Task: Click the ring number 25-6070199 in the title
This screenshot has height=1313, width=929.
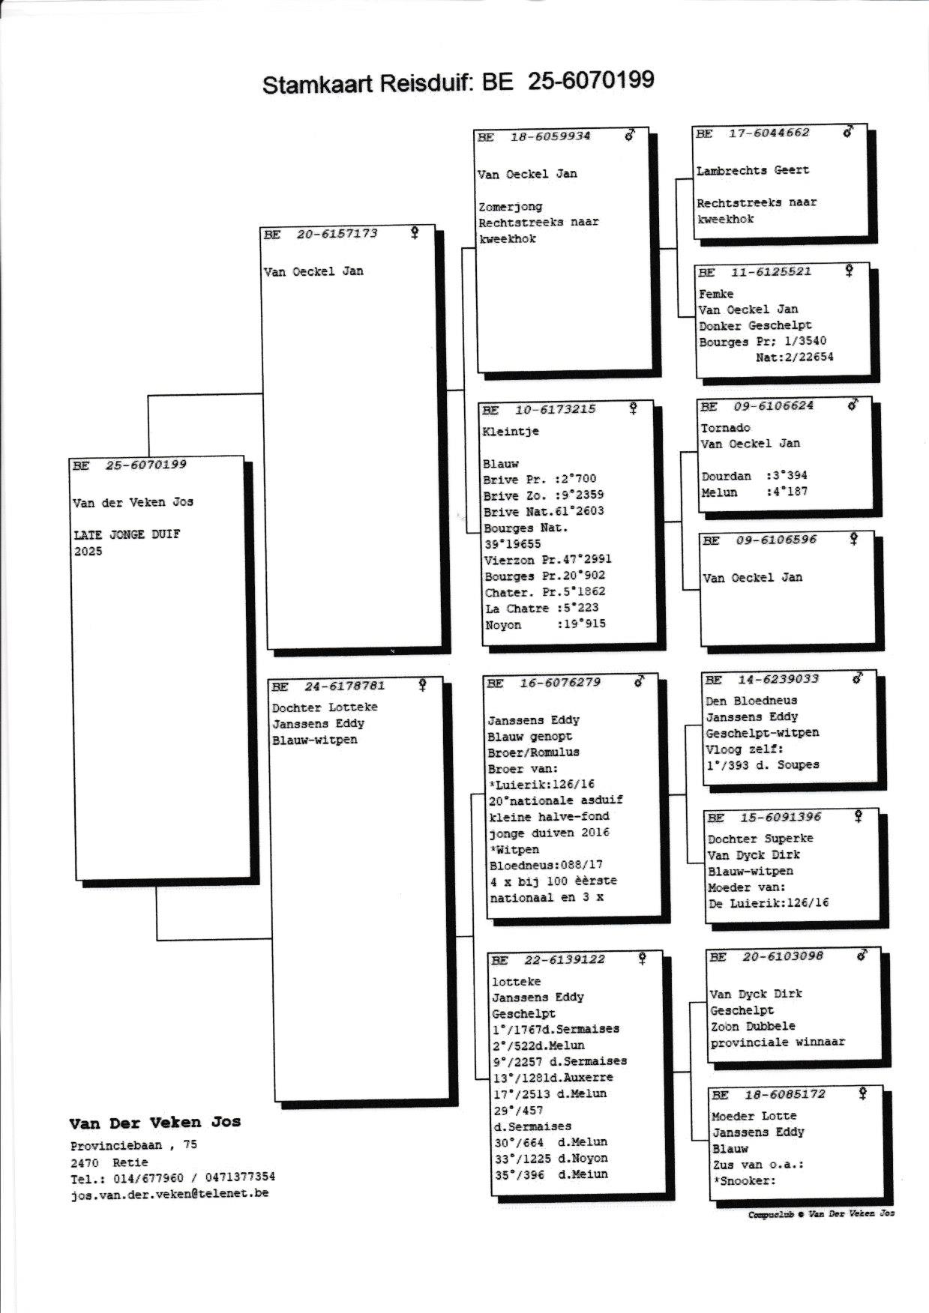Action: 591,80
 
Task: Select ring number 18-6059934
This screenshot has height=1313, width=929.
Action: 550,136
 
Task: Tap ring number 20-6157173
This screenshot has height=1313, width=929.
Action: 337,234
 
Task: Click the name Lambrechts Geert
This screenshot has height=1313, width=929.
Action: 752,170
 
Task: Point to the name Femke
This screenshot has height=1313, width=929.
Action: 716,294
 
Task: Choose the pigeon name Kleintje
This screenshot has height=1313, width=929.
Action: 511,432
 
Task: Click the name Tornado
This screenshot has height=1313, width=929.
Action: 725,428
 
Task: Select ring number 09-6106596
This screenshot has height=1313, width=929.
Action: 776,540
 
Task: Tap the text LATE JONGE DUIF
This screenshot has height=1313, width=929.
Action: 127,535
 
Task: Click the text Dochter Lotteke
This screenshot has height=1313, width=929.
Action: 325,707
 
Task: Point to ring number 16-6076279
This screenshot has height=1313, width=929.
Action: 560,683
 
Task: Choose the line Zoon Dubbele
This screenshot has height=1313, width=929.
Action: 753,1026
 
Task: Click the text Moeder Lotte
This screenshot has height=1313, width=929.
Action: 754,1116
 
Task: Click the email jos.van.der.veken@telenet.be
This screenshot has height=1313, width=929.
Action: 169,1194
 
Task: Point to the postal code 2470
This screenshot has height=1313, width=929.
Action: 84,1162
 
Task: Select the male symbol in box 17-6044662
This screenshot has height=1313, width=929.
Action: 848,132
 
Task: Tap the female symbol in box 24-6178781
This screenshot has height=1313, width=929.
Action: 423,685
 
